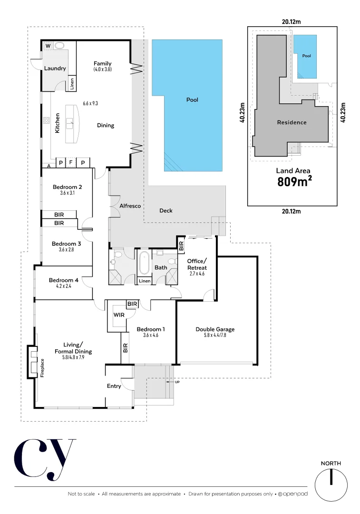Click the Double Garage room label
(x=215, y=329)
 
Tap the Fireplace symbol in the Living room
(x=32, y=361)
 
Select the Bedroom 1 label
(x=150, y=329)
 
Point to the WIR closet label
(x=119, y=315)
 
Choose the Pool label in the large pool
(x=192, y=100)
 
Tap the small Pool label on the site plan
(x=307, y=56)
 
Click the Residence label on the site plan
(x=292, y=122)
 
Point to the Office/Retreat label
(x=197, y=264)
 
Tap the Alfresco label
(x=130, y=206)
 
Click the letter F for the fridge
(x=70, y=162)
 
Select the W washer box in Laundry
(x=48, y=46)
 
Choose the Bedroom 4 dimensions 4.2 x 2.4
(x=63, y=287)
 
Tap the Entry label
(x=114, y=386)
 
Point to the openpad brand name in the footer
(x=296, y=494)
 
